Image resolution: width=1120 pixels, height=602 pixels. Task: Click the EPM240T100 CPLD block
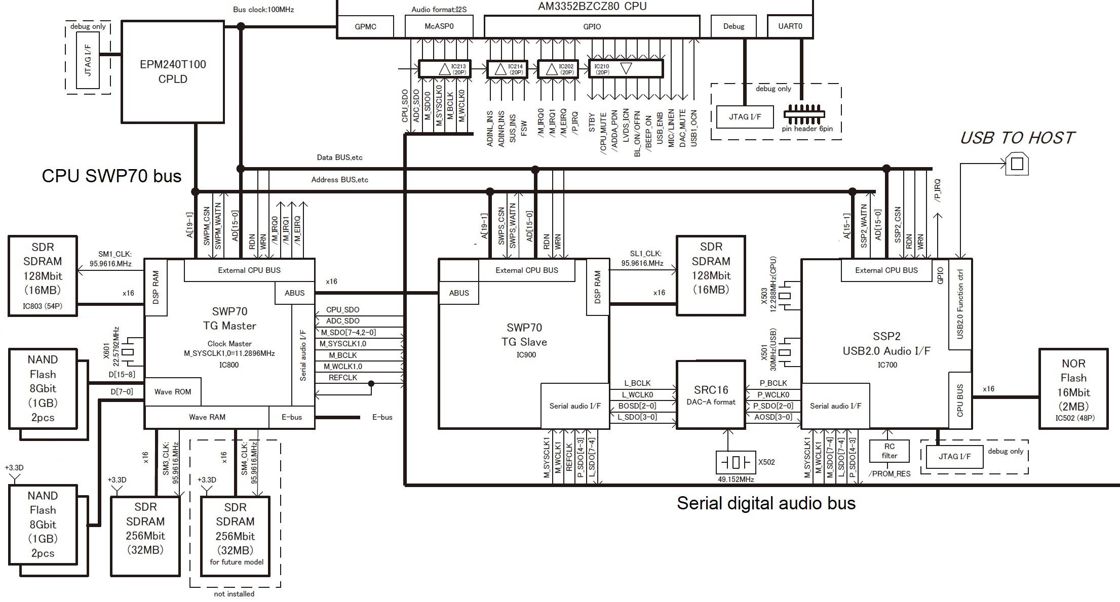coord(173,71)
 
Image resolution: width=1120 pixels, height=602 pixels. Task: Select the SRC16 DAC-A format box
coord(711,395)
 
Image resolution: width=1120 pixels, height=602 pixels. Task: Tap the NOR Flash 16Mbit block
coord(1073,389)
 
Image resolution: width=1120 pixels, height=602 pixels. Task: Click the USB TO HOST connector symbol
coord(1017,164)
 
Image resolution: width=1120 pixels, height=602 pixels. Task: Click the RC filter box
coord(889,451)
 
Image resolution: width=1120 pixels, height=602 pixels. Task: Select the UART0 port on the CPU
coord(790,26)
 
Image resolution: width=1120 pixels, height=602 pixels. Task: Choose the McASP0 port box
coord(439,26)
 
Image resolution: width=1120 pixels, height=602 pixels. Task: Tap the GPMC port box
coord(365,26)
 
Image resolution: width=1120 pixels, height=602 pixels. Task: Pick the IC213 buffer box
coord(444,69)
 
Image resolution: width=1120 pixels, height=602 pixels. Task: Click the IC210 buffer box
coord(626,69)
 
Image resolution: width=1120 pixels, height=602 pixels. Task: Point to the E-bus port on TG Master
coord(292,417)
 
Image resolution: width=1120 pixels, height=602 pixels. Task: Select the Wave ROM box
coord(173,391)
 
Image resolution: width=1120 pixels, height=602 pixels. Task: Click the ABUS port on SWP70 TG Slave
coord(459,293)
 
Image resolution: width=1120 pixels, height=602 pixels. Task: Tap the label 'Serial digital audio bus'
coord(766,503)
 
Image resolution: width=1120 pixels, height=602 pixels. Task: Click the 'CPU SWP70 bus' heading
coord(111,176)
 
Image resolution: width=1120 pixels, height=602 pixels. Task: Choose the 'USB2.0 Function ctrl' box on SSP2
coord(960,304)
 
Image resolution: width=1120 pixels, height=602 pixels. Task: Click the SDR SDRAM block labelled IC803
coord(43,276)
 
